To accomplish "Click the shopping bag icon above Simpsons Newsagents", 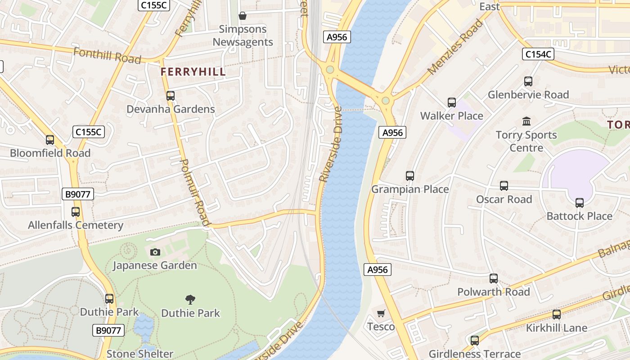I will point(243,16).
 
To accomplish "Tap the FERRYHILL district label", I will point(193,72).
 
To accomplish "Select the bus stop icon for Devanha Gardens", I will point(170,95).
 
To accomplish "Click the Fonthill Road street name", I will point(107,56).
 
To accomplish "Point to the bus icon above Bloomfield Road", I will point(50,139).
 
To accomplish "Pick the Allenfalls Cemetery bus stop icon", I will point(76,211).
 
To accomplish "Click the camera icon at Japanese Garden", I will point(155,252).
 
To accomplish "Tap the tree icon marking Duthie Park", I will point(190,299).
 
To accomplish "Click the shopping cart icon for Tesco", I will point(381,313).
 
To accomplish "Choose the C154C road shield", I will point(538,54).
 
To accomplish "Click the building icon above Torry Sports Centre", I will point(526,121).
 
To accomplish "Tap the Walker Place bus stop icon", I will point(452,103).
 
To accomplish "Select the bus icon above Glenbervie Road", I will point(528,81).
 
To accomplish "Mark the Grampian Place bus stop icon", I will point(409,175).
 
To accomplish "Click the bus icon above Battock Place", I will point(579,202).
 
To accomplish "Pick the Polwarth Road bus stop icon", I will point(494,279).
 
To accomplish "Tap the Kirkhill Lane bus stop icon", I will point(557,315).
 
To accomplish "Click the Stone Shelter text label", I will point(139,354).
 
